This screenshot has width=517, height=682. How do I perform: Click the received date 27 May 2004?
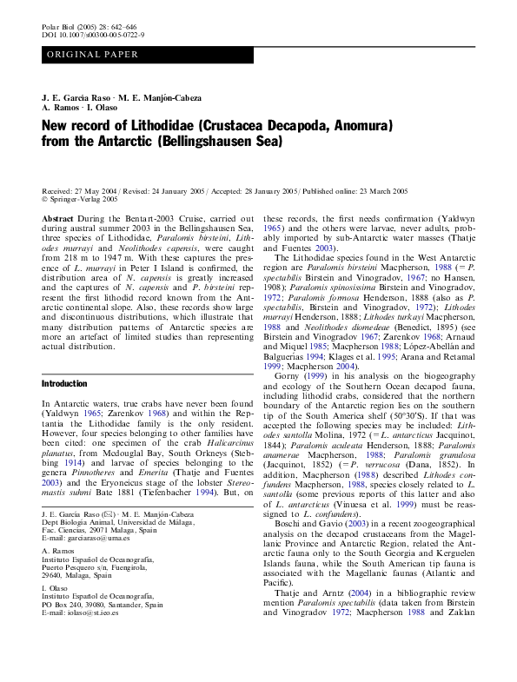pyautogui.click(x=93, y=190)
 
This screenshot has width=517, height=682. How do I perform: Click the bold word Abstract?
pyautogui.click(x=57, y=220)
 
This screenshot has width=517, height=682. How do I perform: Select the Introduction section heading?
pyautogui.click(x=64, y=383)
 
